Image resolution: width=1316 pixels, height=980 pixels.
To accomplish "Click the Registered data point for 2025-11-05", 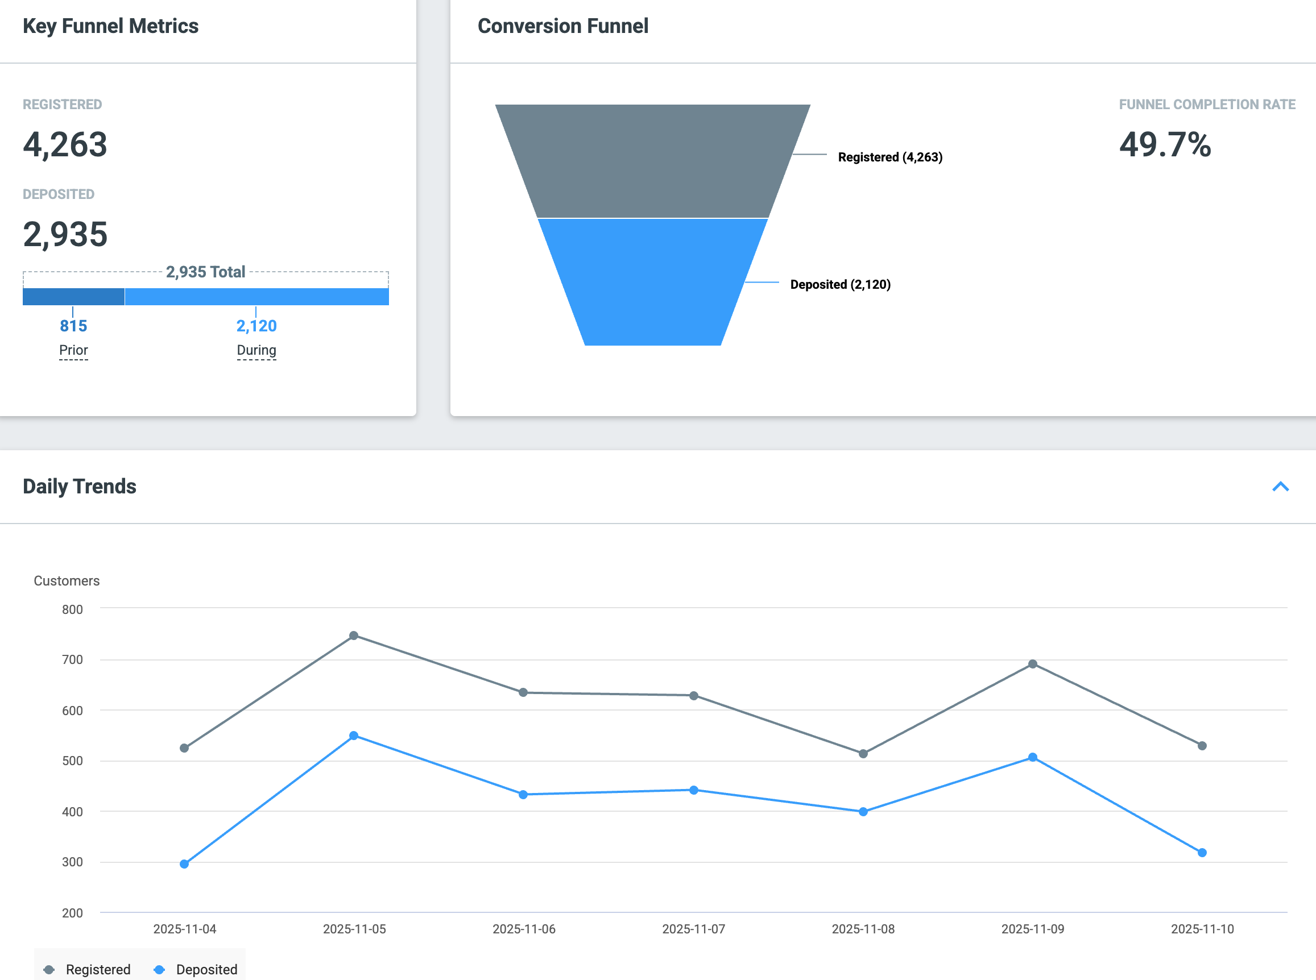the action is pos(354,636).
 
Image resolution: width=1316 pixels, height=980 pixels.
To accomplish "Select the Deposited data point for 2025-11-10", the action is pos(1202,853).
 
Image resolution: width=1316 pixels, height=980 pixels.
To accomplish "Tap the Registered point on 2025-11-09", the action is pos(1032,664).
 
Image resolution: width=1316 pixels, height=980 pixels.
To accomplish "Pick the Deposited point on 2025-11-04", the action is pos(184,863).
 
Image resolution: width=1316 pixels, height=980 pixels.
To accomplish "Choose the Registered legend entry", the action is pos(87,969).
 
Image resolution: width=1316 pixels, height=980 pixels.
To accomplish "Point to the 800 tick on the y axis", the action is pos(72,609).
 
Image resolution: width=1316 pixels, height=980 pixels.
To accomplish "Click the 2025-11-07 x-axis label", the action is pos(694,929).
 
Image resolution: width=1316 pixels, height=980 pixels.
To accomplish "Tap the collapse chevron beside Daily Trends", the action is pos(1280,487).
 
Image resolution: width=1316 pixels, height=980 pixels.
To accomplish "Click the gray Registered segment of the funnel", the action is pos(653,161).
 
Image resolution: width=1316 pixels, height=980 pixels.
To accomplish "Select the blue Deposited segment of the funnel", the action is pos(653,282).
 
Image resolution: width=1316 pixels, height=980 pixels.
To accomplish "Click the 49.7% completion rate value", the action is pos(1165,144).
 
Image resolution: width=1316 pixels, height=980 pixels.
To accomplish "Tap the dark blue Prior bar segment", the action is pos(73,297).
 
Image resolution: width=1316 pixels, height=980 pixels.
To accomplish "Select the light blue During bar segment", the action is pos(257,297).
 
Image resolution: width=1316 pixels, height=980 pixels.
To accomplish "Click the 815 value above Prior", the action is pos(73,326).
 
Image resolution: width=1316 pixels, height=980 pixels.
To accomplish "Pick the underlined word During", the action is pos(256,350).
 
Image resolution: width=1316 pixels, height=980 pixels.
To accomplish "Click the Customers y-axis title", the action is pos(67,581).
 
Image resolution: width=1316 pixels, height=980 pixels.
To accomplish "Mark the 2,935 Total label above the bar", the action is pos(205,272).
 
